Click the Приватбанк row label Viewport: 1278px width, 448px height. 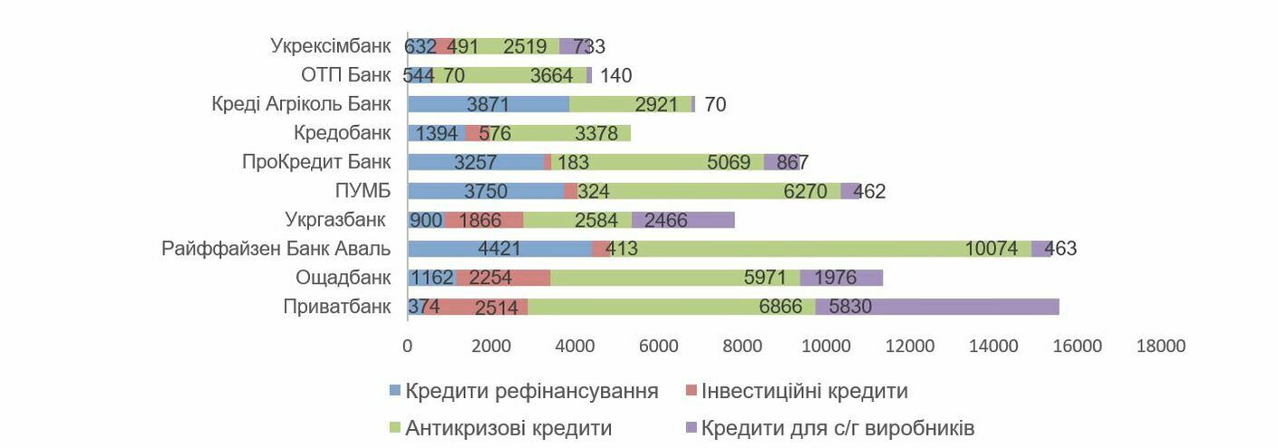(x=336, y=307)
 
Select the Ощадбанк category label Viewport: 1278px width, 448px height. (x=343, y=278)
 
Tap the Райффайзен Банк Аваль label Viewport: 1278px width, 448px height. (x=276, y=248)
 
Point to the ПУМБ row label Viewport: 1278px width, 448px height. (x=363, y=190)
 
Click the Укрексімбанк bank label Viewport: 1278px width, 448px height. (x=330, y=45)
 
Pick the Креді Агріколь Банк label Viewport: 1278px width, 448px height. (x=301, y=103)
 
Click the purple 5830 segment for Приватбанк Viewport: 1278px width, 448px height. (x=936, y=307)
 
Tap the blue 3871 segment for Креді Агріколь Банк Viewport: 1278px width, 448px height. (x=489, y=103)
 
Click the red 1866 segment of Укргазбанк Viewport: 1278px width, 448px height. (x=484, y=219)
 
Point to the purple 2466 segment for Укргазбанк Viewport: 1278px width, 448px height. (x=683, y=219)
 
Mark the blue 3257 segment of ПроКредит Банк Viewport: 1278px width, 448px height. (x=476, y=161)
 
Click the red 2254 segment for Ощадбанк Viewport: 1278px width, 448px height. (x=503, y=278)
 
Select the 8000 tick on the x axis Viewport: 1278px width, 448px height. (x=741, y=346)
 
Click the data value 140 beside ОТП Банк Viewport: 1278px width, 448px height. (x=615, y=75)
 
